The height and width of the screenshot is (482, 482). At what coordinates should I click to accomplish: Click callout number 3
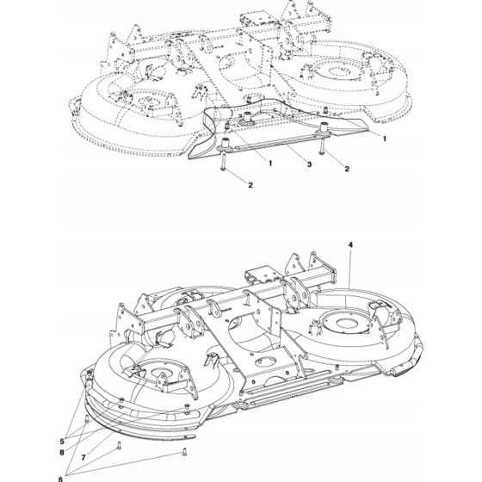309,164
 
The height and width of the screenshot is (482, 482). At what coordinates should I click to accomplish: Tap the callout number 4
350,244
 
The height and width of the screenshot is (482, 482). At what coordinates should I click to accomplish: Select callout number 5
62,442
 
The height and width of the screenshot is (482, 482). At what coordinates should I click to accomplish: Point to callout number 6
60,479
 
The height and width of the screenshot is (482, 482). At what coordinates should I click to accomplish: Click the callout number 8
62,453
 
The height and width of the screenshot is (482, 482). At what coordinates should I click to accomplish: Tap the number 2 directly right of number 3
347,169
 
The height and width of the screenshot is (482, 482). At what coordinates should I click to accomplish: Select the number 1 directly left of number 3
270,163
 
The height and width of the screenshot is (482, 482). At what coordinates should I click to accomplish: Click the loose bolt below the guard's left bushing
222,162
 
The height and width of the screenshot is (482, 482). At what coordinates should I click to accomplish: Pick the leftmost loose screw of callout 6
87,418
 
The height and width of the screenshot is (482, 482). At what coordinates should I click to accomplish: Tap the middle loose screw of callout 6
119,446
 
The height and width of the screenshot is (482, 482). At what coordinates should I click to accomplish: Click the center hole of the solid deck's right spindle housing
347,323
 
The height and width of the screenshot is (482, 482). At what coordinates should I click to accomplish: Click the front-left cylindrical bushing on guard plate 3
225,145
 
